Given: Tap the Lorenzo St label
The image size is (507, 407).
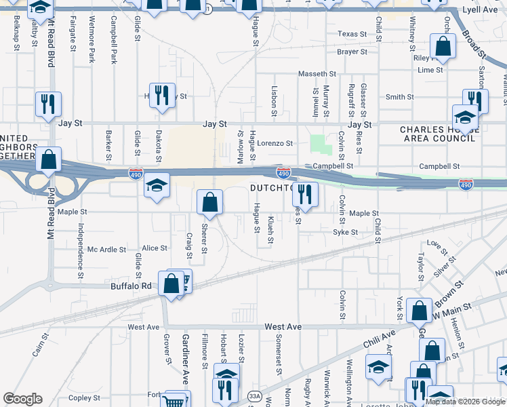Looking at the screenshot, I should [x=275, y=144].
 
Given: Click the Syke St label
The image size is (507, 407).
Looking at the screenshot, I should [x=345, y=232].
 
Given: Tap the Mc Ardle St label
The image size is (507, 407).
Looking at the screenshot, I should [x=107, y=250].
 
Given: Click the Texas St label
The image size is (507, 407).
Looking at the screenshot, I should [x=352, y=34].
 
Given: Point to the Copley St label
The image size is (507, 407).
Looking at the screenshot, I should [x=84, y=398].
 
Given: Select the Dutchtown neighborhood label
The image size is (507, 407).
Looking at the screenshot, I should [x=271, y=188].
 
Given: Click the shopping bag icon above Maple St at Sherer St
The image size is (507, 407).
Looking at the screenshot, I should [x=209, y=201].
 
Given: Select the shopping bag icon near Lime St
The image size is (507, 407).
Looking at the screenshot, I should [x=443, y=47].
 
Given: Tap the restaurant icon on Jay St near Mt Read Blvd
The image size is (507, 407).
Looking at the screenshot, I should [x=49, y=104].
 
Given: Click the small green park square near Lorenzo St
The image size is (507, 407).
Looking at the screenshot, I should [x=318, y=144].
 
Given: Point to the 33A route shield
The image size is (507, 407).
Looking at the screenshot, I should [x=254, y=396].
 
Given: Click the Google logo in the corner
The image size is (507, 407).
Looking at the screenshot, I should [x=22, y=399].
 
